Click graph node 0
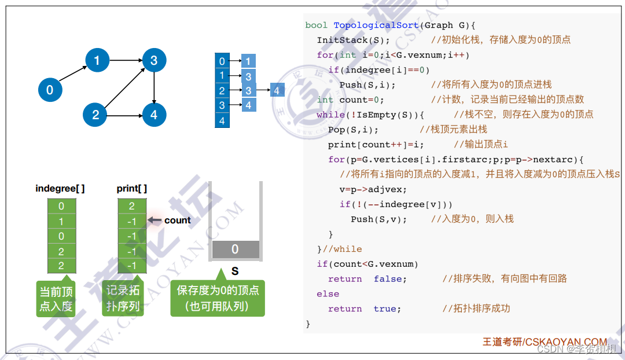[50, 90]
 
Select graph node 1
[97, 60]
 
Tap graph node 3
[154, 60]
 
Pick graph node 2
[95, 115]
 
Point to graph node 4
[153, 115]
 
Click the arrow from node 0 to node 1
[73, 75]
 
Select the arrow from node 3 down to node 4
[154, 87]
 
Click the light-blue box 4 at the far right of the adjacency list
[277, 91]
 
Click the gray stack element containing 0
[235, 249]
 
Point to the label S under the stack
[235, 271]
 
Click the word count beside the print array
[177, 220]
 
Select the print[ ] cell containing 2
[132, 206]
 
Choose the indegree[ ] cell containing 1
[61, 221]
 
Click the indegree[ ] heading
[60, 189]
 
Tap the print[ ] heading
[132, 189]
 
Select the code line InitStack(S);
[354, 40]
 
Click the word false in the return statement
[390, 279]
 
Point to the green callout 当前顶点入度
[56, 299]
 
